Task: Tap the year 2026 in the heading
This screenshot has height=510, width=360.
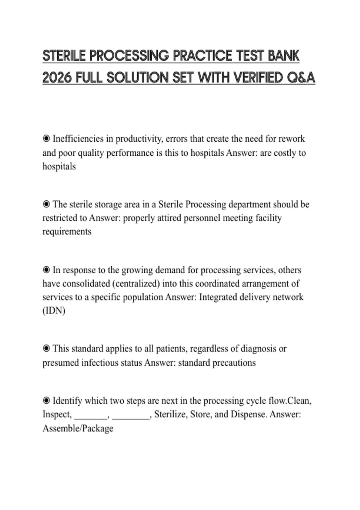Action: coord(57,78)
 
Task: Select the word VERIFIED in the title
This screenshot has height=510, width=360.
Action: coord(258,78)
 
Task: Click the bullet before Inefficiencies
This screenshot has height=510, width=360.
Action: coord(46,139)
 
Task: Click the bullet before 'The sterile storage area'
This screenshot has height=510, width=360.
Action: coord(46,204)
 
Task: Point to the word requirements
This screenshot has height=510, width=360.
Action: coord(67,232)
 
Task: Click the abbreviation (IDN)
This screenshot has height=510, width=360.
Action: coord(54,310)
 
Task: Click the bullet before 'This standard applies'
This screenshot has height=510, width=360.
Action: coord(46,349)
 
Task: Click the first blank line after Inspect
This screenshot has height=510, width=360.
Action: coord(91,415)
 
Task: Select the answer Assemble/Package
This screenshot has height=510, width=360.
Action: coord(78,428)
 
